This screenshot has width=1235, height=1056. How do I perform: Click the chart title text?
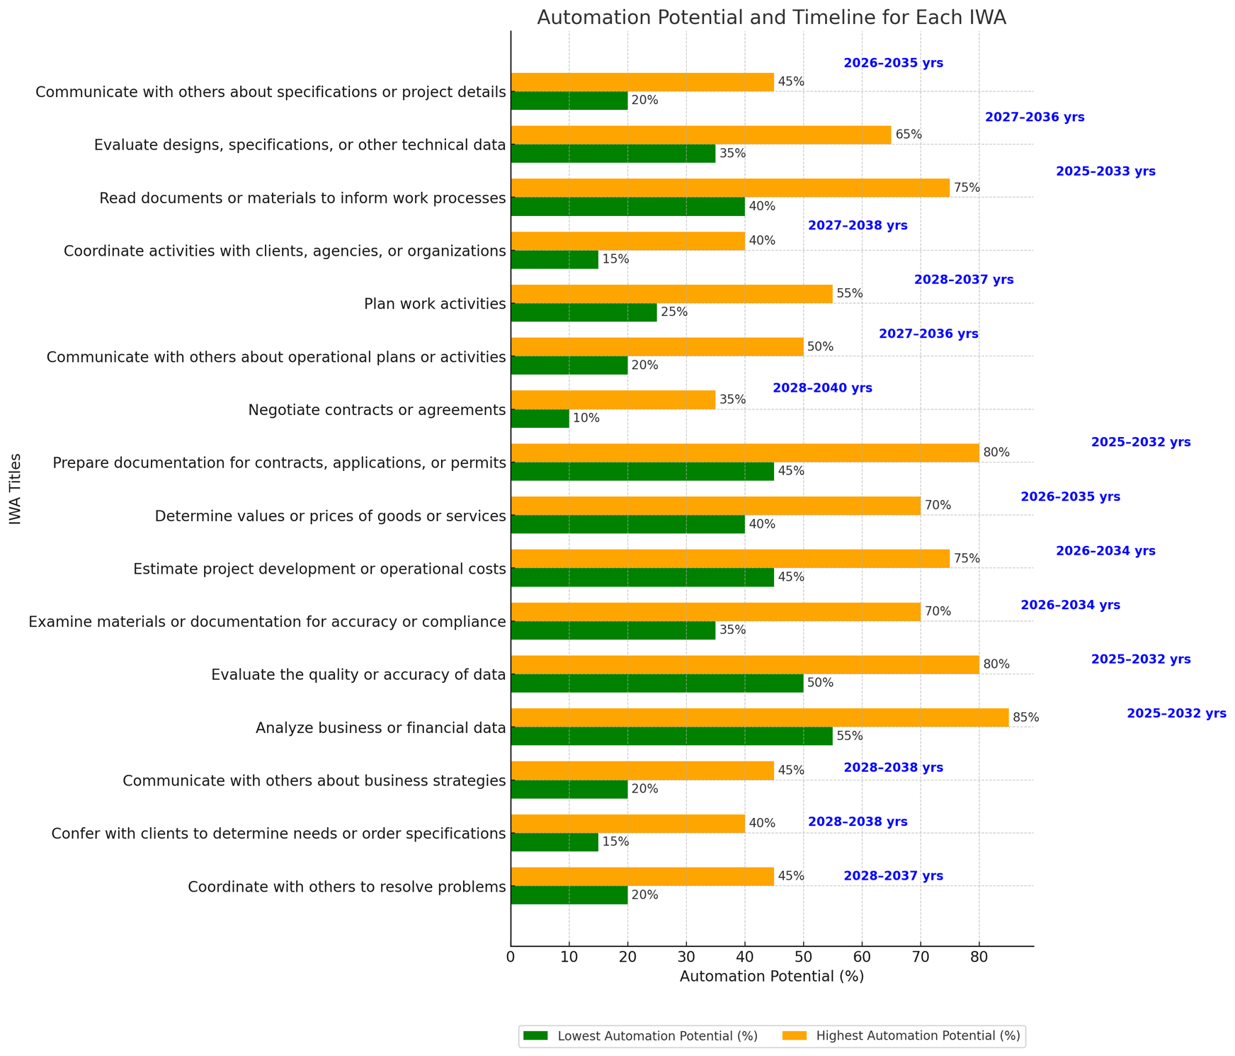pyautogui.click(x=771, y=17)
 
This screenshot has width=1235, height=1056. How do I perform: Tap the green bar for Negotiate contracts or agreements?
pyautogui.click(x=540, y=419)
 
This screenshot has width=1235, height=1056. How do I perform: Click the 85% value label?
pyautogui.click(x=1025, y=717)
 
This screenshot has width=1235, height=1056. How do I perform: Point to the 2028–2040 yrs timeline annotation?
pyautogui.click(x=822, y=388)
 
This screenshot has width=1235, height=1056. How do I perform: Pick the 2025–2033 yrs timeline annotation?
pyautogui.click(x=1105, y=171)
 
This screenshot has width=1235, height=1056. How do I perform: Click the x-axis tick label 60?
pyautogui.click(x=862, y=958)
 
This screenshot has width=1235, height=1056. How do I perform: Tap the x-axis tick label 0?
pyautogui.click(x=511, y=958)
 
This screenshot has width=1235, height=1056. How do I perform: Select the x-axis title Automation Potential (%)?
pyautogui.click(x=771, y=977)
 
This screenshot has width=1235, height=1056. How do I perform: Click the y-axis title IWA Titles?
pyautogui.click(x=16, y=489)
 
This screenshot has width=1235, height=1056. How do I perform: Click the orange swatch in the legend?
pyautogui.click(x=795, y=1036)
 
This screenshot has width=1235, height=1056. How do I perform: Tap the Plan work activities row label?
pyautogui.click(x=435, y=304)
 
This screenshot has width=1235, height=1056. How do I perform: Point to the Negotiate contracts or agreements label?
pyautogui.click(x=377, y=410)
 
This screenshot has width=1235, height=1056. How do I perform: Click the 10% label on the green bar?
pyautogui.click(x=586, y=419)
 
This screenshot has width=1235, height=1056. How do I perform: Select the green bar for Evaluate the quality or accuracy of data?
pyautogui.click(x=656, y=683)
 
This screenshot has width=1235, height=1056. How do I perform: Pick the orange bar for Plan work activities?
pyautogui.click(x=671, y=294)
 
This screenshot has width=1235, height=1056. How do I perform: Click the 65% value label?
pyautogui.click(x=909, y=135)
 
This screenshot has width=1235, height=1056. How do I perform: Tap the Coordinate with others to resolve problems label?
pyautogui.click(x=347, y=887)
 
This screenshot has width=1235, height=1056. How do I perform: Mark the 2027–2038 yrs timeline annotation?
pyautogui.click(x=858, y=226)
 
